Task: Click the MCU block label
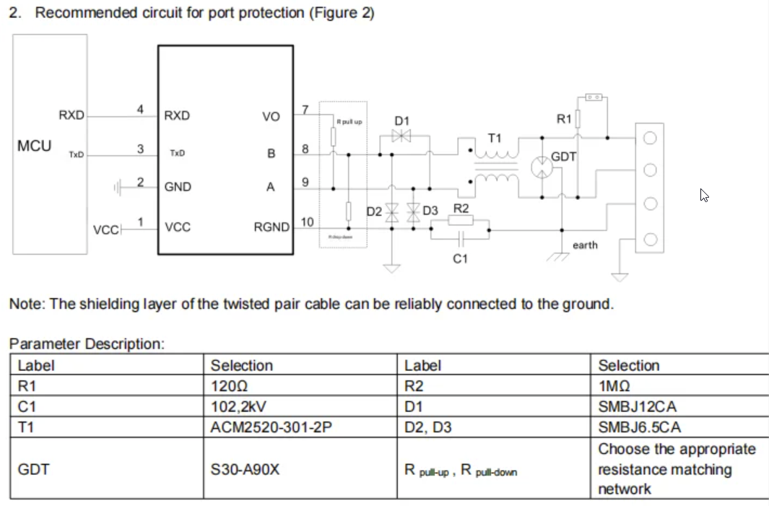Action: point(34,146)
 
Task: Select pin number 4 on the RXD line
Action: point(141,109)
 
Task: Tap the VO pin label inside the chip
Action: point(271,115)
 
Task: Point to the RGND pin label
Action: point(271,227)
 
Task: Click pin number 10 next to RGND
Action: point(306,222)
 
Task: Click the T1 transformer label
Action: point(495,137)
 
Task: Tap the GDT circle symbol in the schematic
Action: point(542,167)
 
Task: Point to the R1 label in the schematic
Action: point(564,118)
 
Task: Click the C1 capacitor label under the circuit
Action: point(460,258)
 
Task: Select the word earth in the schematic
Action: point(585,245)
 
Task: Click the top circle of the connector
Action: point(649,139)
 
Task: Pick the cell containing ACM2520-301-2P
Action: point(271,427)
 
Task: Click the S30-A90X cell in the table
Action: point(245,469)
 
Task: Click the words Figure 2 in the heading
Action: point(342,13)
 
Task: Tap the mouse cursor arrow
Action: point(704,194)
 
